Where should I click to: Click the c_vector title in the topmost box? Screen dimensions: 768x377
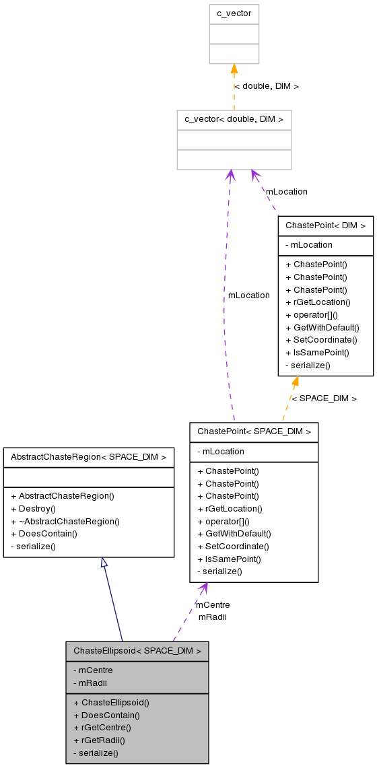click(x=234, y=13)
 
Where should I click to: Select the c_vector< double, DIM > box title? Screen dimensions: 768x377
click(x=234, y=119)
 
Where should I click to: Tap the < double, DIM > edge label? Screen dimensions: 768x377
click(x=266, y=86)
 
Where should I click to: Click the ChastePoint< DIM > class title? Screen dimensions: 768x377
click(x=325, y=225)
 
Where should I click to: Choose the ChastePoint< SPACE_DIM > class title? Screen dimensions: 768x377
click(x=254, y=431)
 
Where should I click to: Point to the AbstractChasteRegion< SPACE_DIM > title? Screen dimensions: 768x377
click(x=89, y=457)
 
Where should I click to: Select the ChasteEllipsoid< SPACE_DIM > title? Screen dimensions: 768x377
click(x=137, y=651)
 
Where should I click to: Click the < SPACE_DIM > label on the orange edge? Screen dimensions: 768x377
click(x=324, y=398)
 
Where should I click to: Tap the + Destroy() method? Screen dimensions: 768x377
click(x=33, y=508)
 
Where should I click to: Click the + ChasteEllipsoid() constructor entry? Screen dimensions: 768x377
click(x=111, y=702)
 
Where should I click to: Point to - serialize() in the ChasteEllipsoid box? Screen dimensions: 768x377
click(x=96, y=753)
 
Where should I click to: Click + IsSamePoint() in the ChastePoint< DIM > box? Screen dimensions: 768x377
click(x=317, y=353)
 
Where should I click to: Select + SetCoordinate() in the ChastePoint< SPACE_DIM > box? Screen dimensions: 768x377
click(x=233, y=547)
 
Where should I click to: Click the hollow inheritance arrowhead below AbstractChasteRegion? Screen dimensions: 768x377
click(x=104, y=563)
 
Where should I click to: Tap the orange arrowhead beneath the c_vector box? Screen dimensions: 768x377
click(x=234, y=69)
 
